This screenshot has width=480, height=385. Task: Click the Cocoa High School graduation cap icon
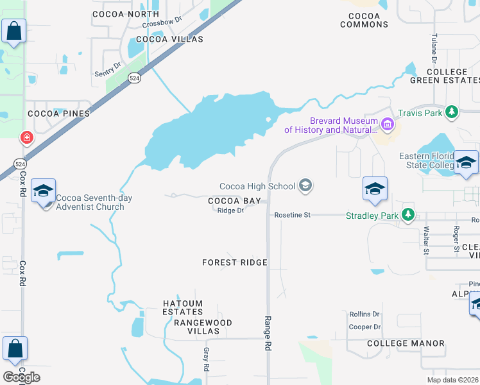tap(305, 186)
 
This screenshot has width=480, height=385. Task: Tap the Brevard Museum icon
tap(387, 124)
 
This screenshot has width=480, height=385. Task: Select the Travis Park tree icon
tap(452, 112)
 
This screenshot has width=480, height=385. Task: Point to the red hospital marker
tap(26, 137)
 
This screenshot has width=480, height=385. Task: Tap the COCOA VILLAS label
tap(169, 39)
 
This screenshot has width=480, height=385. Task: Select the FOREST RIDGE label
tap(235, 262)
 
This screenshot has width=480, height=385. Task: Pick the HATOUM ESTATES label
tap(182, 308)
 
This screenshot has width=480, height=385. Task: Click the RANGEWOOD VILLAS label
tap(203, 327)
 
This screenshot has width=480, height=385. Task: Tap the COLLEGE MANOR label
tap(406, 343)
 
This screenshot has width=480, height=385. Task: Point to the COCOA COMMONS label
tap(364, 19)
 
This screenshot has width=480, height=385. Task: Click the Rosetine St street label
tap(292, 215)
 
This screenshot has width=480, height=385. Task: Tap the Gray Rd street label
tap(207, 359)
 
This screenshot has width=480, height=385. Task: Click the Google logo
tap(22, 377)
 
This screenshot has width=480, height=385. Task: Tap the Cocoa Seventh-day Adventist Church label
tap(94, 202)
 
